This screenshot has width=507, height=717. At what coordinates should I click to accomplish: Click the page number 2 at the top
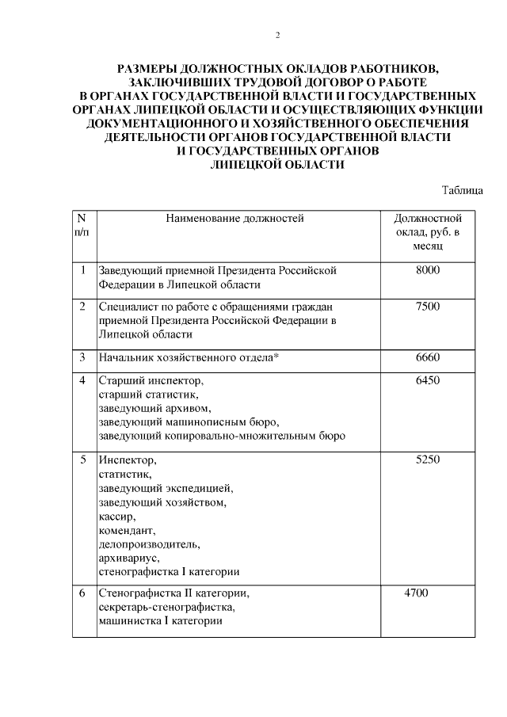[277, 35]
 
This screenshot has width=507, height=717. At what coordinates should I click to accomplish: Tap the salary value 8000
[427, 270]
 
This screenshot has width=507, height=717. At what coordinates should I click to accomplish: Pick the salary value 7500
[427, 307]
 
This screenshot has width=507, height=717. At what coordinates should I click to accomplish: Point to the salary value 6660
[427, 357]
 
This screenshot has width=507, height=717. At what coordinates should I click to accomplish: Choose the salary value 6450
[427, 380]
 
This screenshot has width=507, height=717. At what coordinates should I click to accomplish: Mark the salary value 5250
[427, 460]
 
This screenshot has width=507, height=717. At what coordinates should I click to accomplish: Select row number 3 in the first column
[82, 357]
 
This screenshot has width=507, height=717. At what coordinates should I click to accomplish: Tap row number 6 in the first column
[82, 593]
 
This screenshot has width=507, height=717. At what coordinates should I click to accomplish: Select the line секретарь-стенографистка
[166, 607]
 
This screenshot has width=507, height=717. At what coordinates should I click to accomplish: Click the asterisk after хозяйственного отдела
[276, 357]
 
